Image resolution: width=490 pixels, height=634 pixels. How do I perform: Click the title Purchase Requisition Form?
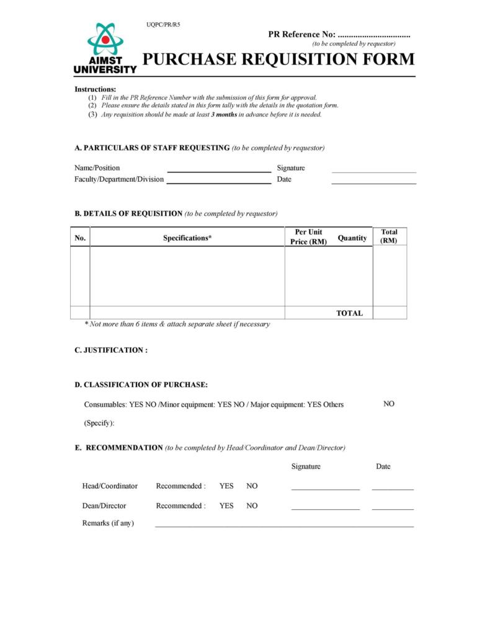(278, 60)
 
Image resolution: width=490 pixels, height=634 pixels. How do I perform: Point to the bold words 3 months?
(224, 115)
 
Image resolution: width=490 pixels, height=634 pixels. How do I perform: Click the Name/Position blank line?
(219, 171)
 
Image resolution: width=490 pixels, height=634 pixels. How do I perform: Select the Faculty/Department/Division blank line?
(219, 182)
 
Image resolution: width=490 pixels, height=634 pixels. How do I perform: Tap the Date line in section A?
(373, 182)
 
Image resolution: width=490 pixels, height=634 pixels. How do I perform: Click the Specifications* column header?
(187, 238)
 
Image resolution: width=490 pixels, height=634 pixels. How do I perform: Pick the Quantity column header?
(352, 238)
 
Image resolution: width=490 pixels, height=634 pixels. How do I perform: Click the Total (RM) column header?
(390, 236)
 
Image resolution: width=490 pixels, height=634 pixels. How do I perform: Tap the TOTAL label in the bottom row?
(349, 313)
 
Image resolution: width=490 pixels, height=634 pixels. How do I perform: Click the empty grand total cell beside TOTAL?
(390, 313)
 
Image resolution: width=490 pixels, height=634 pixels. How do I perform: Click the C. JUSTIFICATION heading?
(111, 350)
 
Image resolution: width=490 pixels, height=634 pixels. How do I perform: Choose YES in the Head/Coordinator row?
(226, 486)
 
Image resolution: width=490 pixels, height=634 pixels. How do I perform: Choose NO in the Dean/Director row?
(252, 506)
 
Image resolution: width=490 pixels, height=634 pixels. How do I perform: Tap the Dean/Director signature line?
(325, 508)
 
